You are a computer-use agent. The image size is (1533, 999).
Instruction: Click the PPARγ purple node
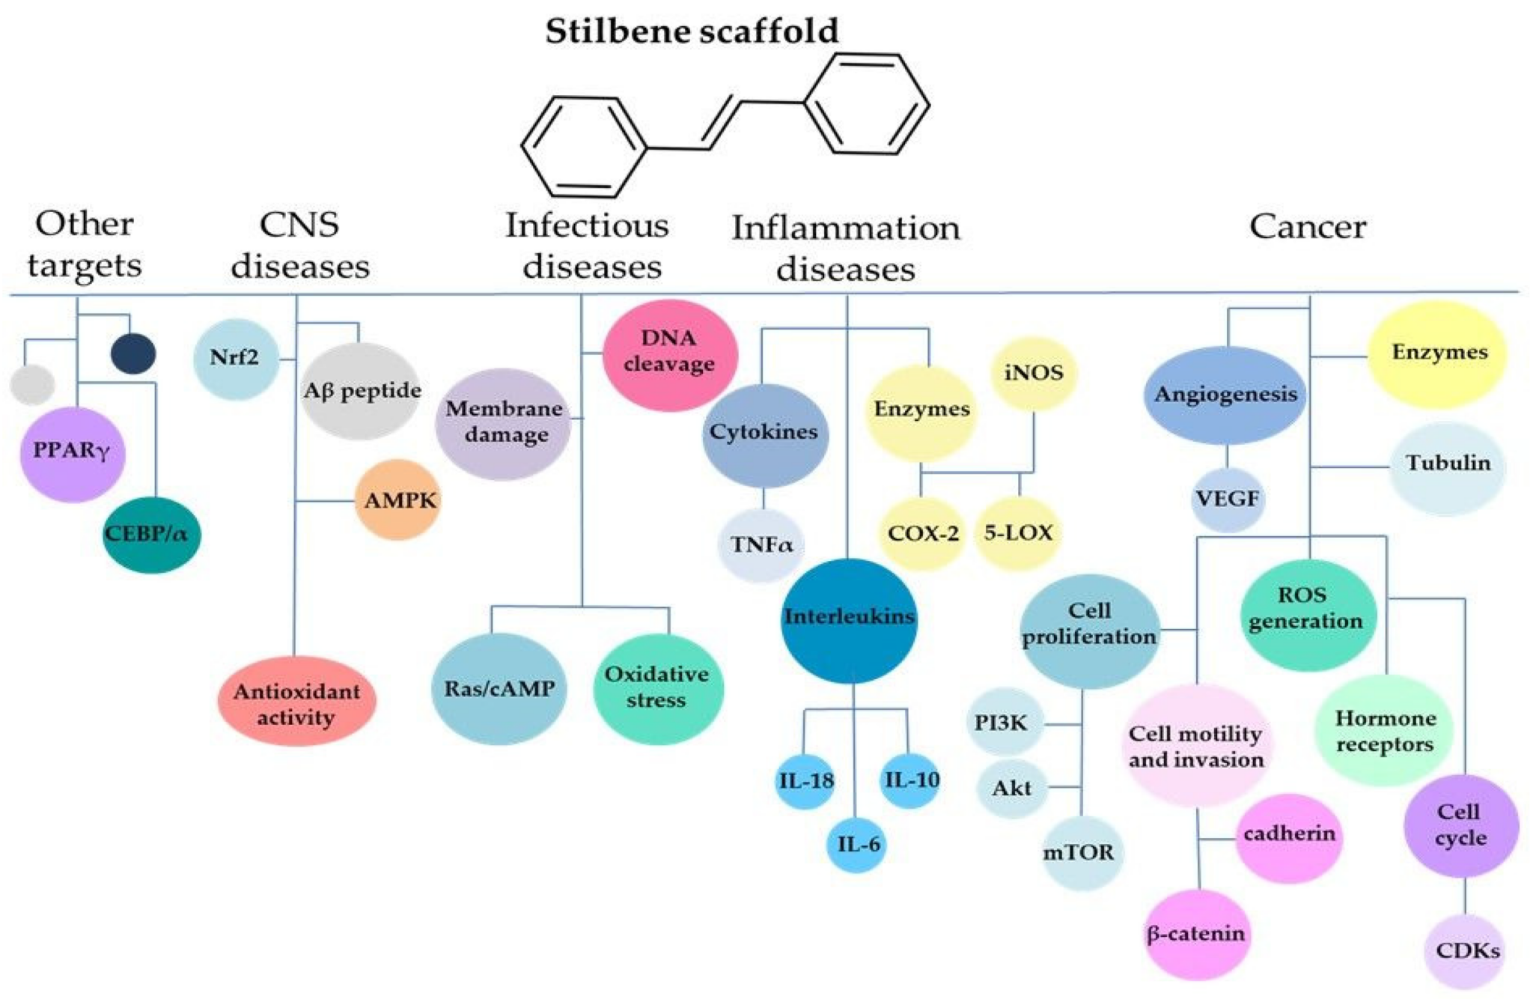point(73,454)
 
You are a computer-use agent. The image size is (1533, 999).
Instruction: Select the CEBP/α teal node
point(150,535)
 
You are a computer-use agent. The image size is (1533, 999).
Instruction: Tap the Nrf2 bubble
point(235,358)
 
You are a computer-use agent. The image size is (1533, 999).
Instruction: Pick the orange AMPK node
point(398,500)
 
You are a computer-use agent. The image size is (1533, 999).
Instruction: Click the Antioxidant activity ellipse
point(296,702)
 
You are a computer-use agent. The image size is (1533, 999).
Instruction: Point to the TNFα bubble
point(761,544)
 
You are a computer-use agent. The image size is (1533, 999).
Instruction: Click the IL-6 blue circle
point(858,845)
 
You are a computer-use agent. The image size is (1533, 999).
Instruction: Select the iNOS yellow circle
point(1034,373)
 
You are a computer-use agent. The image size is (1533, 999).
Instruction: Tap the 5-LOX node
point(1018,533)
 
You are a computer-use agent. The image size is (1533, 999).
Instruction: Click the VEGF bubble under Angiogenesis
point(1228,499)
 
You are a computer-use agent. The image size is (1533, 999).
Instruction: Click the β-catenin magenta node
point(1197,934)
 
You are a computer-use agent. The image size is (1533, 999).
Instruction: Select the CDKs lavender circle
point(1465,951)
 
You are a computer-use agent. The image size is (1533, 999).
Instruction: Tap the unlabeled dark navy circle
point(133,353)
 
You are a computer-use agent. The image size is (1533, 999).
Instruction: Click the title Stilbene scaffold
point(692,31)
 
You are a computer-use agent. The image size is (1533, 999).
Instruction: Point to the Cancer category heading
point(1307,226)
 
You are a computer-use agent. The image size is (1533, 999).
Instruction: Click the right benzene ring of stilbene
point(867,104)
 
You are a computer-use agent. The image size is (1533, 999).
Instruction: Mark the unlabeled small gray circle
point(32,385)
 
